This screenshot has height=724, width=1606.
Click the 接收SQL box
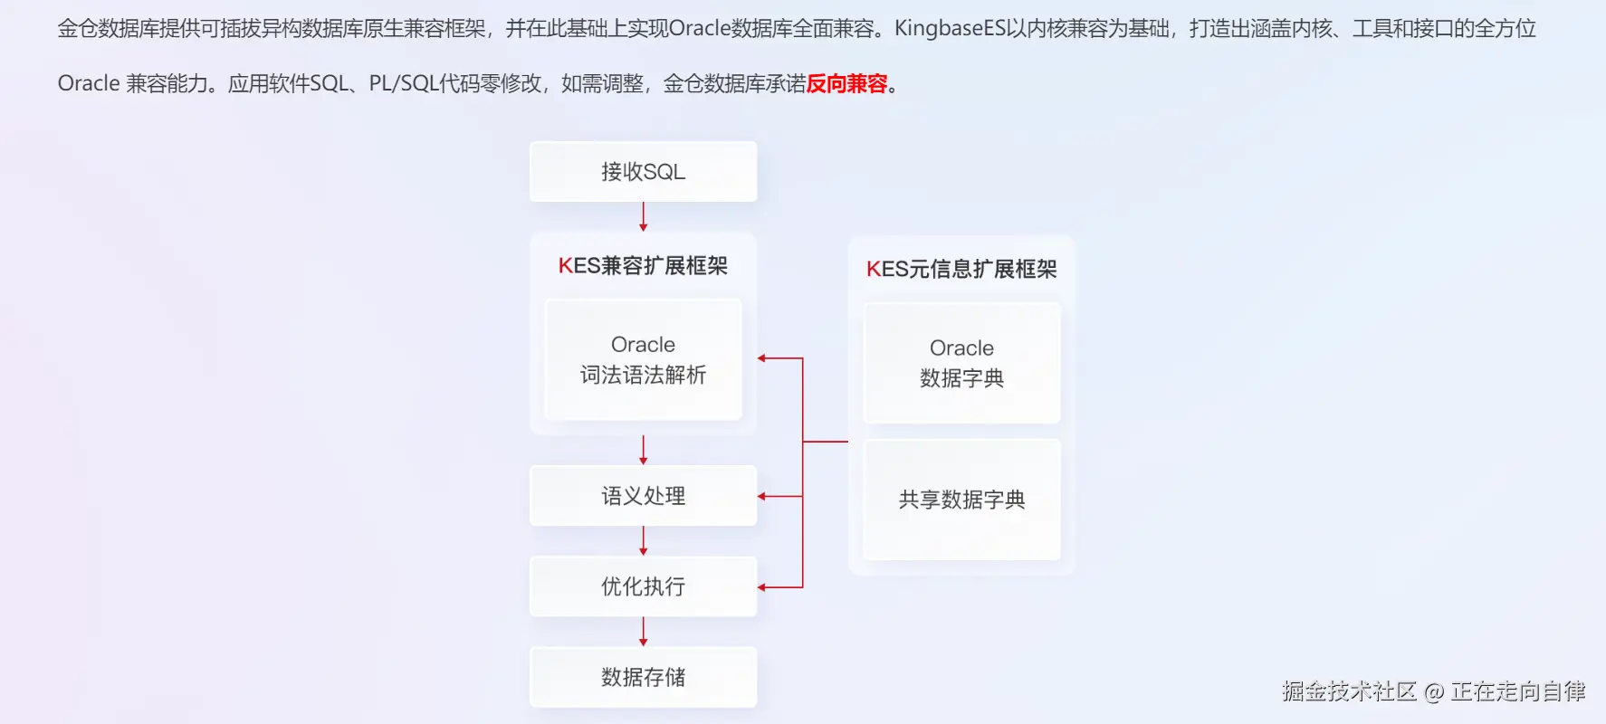point(643,171)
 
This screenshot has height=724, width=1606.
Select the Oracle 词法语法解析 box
point(643,359)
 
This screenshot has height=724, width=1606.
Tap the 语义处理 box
point(643,496)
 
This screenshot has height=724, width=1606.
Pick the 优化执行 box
point(643,586)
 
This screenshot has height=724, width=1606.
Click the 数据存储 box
point(643,677)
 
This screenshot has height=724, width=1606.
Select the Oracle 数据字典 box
point(961,363)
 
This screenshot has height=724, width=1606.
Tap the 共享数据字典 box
point(961,500)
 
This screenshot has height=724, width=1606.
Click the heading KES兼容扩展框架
point(643,266)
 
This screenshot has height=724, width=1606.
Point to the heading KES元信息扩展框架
point(961,269)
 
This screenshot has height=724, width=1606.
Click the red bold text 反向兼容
point(846,84)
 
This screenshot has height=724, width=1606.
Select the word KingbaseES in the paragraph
point(951,29)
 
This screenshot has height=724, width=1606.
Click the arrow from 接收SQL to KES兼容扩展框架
point(643,216)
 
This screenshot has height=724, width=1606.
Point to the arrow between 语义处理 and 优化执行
point(643,540)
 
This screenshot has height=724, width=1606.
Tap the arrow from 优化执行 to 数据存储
point(643,631)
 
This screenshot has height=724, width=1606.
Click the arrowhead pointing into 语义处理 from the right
point(762,496)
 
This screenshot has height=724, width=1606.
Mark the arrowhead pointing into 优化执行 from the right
point(762,587)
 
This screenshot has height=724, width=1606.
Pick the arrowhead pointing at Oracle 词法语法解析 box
point(762,358)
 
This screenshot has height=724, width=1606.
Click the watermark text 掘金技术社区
point(1349,691)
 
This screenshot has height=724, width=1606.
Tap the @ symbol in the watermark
point(1434,692)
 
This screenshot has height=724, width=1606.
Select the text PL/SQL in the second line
point(404,84)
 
